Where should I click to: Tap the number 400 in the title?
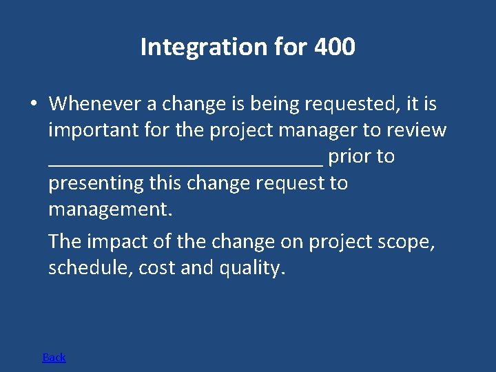pyautogui.click(x=334, y=48)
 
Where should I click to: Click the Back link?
pyautogui.click(x=54, y=357)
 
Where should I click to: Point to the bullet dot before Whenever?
pyautogui.click(x=33, y=104)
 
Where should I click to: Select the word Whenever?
pyautogui.click(x=95, y=104)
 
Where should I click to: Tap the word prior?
pyautogui.click(x=349, y=157)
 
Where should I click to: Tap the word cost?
pyautogui.click(x=157, y=268)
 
